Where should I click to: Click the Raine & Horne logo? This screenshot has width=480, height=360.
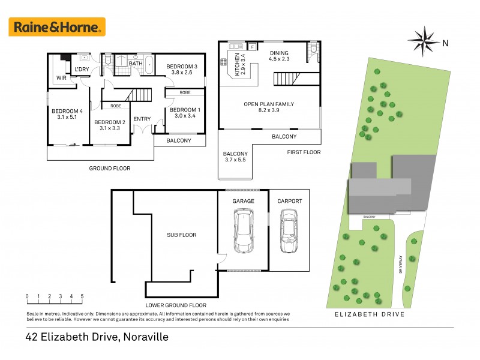(57, 26)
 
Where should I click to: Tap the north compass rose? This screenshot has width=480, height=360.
(425, 41)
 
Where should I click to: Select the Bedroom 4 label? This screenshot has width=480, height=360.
(66, 111)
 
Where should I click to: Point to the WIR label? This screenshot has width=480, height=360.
(61, 78)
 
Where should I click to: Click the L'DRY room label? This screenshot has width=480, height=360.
(82, 70)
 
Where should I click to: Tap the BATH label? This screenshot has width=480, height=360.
(136, 64)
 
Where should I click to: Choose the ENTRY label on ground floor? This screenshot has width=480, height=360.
(142, 119)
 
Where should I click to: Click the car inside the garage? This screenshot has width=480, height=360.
(242, 231)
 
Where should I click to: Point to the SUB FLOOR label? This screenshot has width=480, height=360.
(182, 235)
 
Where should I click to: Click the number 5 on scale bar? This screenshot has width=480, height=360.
(82, 296)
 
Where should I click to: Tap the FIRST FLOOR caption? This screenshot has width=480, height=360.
(304, 152)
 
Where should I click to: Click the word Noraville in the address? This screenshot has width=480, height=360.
(145, 337)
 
